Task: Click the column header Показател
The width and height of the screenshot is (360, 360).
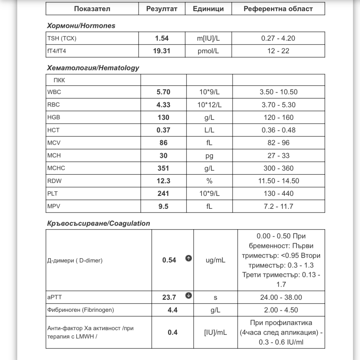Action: pos(92,9)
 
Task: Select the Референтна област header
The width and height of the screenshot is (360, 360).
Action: pos(278,9)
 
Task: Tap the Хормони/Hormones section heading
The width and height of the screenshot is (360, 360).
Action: pos(81,26)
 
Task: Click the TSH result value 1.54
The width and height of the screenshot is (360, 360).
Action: pos(162,38)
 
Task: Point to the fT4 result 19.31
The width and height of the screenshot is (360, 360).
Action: pos(162,51)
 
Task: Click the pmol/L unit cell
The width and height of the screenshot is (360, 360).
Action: pos(208,51)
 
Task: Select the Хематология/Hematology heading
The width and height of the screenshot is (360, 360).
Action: pos(93,68)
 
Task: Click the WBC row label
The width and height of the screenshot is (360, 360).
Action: pos(54,92)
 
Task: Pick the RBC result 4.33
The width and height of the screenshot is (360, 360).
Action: pos(163,105)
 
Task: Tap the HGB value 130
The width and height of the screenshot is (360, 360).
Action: pos(163,118)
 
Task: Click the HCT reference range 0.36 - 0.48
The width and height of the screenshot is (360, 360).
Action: pos(278,130)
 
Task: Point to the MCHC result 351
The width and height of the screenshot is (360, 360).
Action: pos(163,168)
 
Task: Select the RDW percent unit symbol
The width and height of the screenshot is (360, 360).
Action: pos(209,181)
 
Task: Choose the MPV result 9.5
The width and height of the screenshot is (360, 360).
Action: pos(163,206)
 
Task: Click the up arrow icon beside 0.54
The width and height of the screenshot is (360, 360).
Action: pos(188,259)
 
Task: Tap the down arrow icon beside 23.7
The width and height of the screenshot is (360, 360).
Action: pos(188,296)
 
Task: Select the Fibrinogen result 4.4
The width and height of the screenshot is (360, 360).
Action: pos(173,310)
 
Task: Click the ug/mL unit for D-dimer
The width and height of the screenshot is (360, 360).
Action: pos(215,260)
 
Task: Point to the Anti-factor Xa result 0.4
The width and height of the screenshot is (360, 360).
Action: pos(173,333)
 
